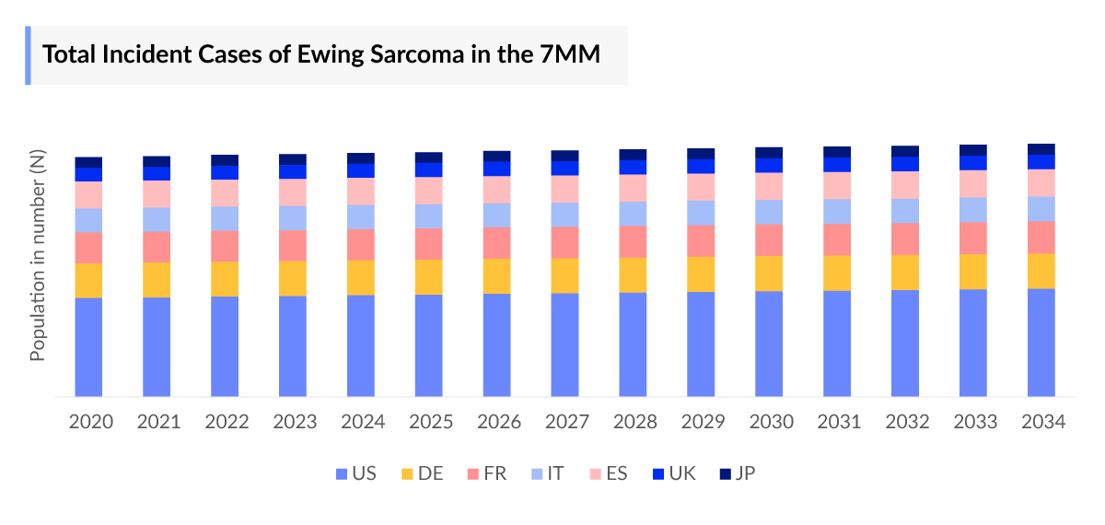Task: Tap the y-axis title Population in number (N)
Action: [39, 257]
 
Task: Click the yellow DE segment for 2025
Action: [429, 276]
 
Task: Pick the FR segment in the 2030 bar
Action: [769, 239]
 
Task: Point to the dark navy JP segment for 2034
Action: [1041, 149]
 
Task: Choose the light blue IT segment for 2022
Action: [225, 218]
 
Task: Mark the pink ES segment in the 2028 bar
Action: [633, 188]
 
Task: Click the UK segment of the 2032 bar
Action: [905, 164]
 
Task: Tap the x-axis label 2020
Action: [91, 423]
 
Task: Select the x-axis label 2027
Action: [567, 423]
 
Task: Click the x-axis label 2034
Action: [1043, 423]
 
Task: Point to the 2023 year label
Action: [295, 423]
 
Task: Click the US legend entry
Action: [355, 474]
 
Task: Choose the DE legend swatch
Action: [406, 474]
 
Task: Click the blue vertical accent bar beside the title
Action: [28, 55]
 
